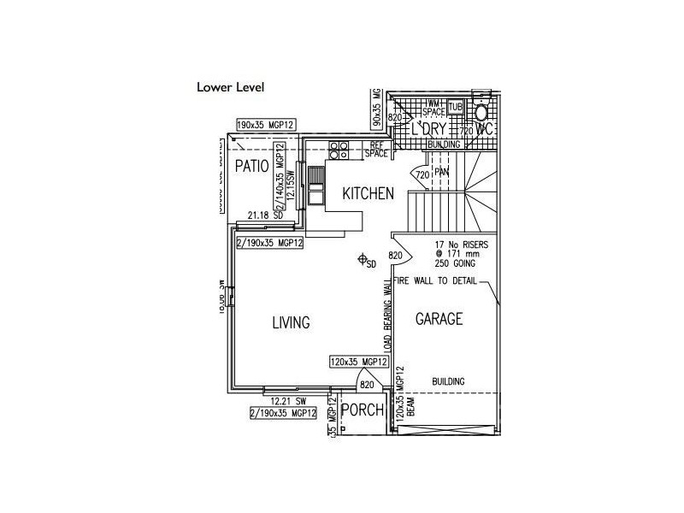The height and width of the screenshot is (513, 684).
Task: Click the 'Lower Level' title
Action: [x=231, y=86]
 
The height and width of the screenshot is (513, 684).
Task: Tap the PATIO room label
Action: [x=252, y=165]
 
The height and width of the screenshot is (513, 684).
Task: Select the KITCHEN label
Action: [x=369, y=194]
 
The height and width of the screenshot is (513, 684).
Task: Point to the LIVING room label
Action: [x=291, y=322]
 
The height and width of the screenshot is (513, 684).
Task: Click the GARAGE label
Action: [x=439, y=319]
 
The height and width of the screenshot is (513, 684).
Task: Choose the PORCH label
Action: [x=362, y=410]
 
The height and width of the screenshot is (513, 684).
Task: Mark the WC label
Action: [x=486, y=129]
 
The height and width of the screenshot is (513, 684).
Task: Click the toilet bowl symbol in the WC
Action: [x=482, y=112]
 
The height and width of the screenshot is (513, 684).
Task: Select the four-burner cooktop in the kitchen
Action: [x=338, y=150]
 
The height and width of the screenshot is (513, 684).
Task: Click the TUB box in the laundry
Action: [x=455, y=107]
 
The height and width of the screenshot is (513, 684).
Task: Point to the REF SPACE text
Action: [x=377, y=150]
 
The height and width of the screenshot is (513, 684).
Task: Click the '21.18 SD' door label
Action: [x=265, y=215]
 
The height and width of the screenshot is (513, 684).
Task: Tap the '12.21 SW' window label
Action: [x=288, y=400]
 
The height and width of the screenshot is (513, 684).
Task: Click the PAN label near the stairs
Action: [x=442, y=172]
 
